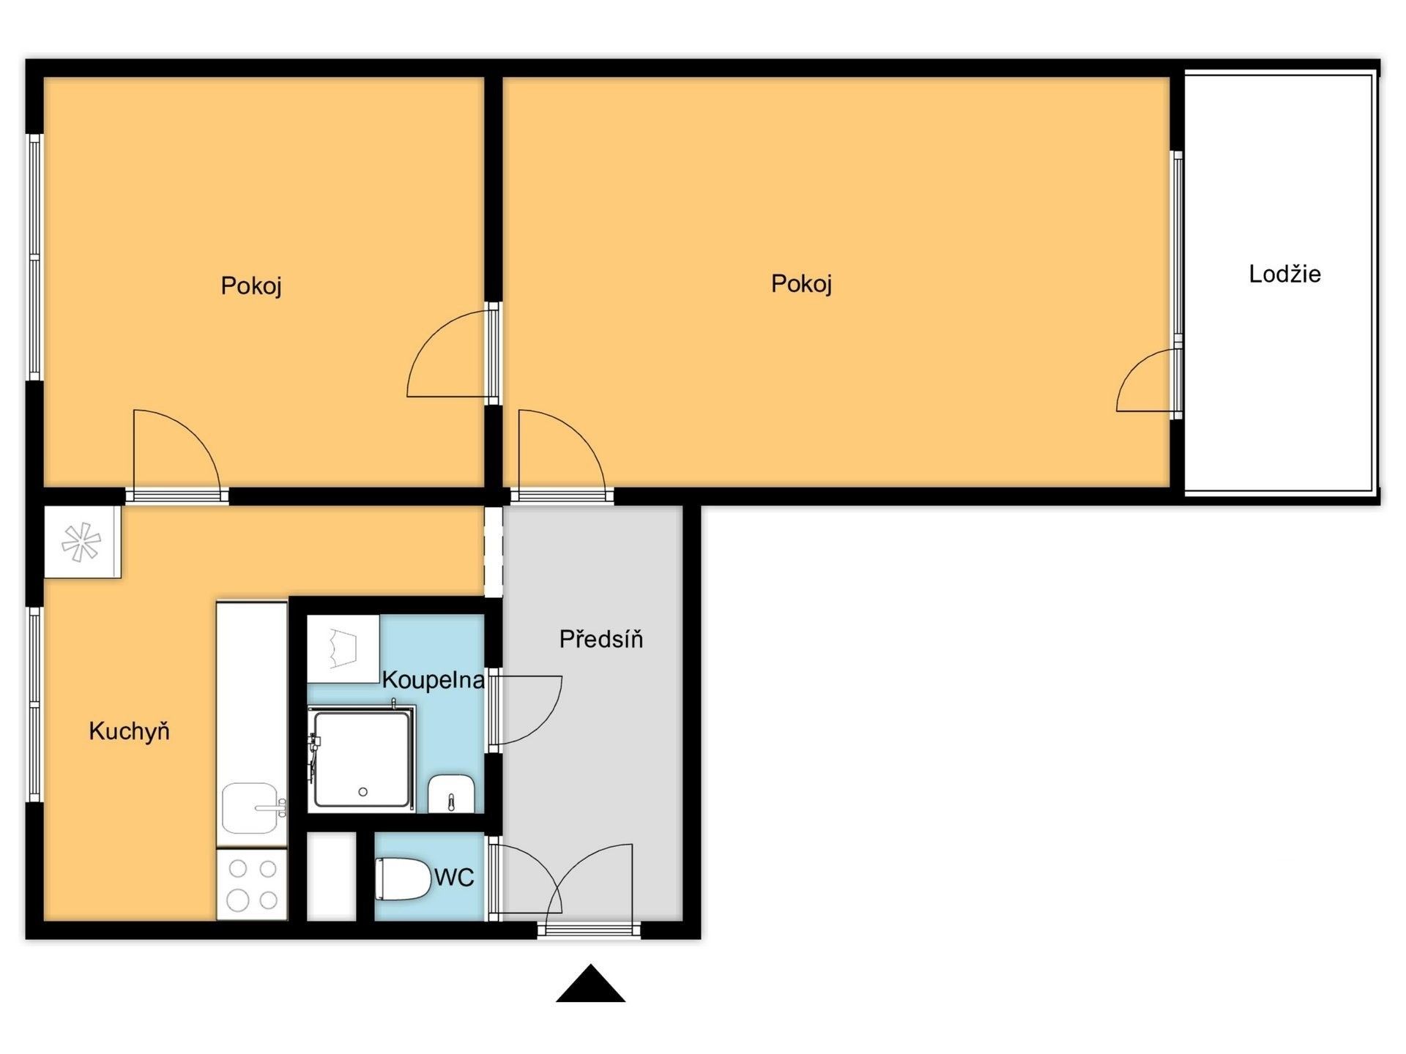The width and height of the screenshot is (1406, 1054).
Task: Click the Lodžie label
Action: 1284,274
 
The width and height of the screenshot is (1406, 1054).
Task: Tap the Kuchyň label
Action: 129,730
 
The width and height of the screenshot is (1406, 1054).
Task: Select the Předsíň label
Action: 600,639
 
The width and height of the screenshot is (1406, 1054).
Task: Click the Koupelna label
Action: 433,680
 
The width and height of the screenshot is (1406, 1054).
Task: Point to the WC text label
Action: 454,877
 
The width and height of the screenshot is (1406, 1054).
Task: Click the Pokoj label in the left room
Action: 251,285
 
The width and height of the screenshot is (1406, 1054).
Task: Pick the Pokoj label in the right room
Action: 801,283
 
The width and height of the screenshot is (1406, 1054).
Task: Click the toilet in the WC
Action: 402,878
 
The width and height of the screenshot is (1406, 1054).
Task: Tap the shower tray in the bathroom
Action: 361,758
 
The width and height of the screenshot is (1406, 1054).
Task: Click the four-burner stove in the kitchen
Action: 252,884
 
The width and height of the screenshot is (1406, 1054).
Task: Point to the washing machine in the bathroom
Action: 343,649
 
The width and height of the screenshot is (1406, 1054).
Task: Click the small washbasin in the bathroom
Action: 451,793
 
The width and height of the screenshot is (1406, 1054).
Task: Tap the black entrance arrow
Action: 590,984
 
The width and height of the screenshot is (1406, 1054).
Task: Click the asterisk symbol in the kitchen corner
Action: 81,542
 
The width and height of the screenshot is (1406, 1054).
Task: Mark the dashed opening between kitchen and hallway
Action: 494,551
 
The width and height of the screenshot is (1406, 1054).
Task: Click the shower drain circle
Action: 362,792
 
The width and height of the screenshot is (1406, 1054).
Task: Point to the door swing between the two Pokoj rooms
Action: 448,355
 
